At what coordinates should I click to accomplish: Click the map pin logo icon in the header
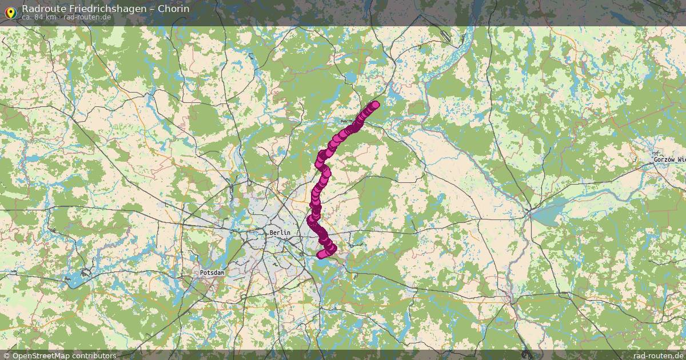click(x=10, y=11)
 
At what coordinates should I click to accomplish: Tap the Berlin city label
click(x=280, y=233)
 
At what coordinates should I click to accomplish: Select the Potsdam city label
click(x=212, y=273)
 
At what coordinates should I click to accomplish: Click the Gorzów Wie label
click(x=669, y=160)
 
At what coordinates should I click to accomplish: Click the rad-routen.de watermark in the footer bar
click(x=657, y=355)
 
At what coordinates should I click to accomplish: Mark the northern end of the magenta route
click(x=375, y=105)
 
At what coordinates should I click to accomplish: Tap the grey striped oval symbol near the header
click(x=445, y=36)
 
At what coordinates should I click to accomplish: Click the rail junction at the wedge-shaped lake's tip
click(x=531, y=213)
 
